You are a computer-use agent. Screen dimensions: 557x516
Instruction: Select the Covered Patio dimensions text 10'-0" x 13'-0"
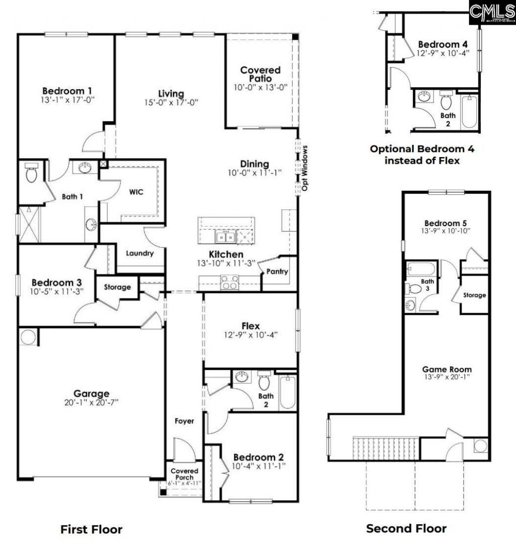(x=260, y=87)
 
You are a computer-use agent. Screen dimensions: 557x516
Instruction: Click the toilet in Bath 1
(x=31, y=174)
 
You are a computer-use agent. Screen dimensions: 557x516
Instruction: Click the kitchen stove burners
(x=230, y=283)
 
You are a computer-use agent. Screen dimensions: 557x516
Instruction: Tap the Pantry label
(x=277, y=272)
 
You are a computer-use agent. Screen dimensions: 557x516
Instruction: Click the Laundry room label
(x=140, y=253)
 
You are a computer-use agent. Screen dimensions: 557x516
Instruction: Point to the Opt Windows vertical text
(x=305, y=168)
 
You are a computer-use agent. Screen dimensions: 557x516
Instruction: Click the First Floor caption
(x=91, y=529)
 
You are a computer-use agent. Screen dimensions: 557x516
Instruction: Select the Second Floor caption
(x=406, y=528)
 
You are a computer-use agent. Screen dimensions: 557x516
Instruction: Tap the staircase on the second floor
(x=386, y=448)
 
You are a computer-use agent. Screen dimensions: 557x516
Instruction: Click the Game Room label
(x=446, y=369)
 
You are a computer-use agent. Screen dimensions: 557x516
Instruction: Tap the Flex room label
(x=250, y=326)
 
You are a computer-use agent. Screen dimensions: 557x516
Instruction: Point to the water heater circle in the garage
(x=28, y=337)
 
